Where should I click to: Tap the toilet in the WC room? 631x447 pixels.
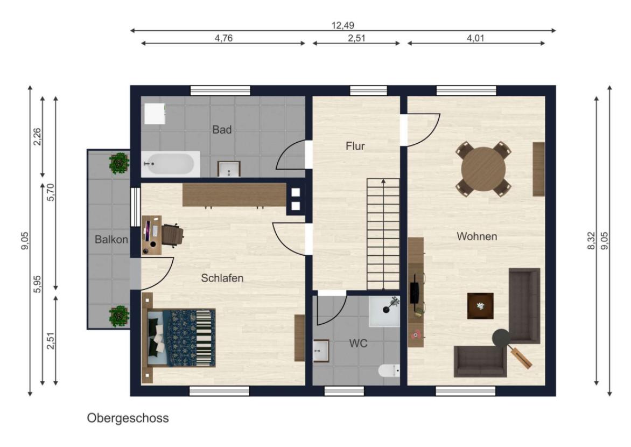tap(389, 371)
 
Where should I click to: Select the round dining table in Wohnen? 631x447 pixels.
tap(483, 169)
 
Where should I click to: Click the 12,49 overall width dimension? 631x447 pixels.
tap(343, 25)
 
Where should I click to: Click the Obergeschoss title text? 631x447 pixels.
tap(128, 418)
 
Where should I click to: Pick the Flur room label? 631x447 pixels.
tap(355, 145)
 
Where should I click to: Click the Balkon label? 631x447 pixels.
tap(111, 240)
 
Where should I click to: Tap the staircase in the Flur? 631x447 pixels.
tap(383, 234)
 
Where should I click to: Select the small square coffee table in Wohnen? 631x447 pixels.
tap(480, 306)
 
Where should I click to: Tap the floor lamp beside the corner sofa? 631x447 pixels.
tap(501, 338)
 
